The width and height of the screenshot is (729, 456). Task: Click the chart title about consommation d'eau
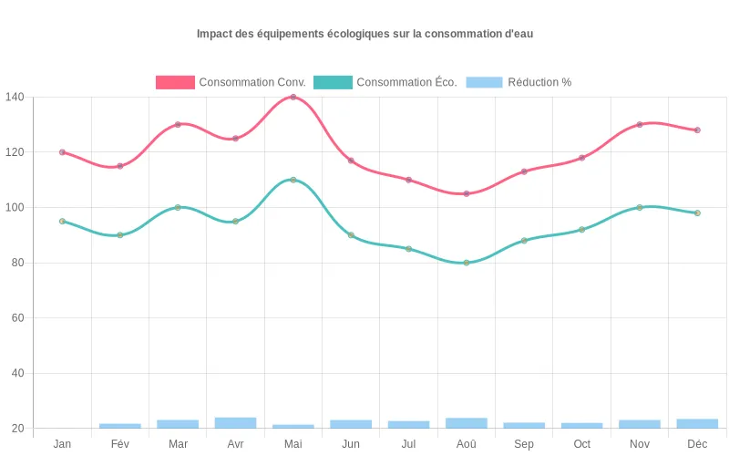pyautogui.click(x=364, y=34)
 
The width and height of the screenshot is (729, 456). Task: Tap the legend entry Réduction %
pyautogui.click(x=519, y=82)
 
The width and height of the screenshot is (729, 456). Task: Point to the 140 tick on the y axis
pyautogui.click(x=15, y=97)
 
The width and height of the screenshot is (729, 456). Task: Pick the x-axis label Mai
pyautogui.click(x=293, y=444)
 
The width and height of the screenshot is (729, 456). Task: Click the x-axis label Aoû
pyautogui.click(x=467, y=444)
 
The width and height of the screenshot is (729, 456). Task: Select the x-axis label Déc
pyautogui.click(x=697, y=444)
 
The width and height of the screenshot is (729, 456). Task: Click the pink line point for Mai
pyautogui.click(x=293, y=97)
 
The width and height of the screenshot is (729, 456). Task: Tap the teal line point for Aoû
pyautogui.click(x=467, y=263)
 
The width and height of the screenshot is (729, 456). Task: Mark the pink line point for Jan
pyautogui.click(x=62, y=152)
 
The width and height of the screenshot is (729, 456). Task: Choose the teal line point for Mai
pyautogui.click(x=293, y=180)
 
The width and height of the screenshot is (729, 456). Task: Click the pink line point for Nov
pyautogui.click(x=640, y=124)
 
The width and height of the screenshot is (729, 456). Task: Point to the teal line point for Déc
pyautogui.click(x=697, y=212)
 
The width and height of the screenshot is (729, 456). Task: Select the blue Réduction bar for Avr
pyautogui.click(x=235, y=423)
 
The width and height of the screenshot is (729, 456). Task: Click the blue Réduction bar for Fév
pyautogui.click(x=120, y=426)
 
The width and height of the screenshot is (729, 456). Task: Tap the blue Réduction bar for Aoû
pyautogui.click(x=467, y=423)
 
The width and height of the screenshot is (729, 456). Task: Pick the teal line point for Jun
pyautogui.click(x=351, y=235)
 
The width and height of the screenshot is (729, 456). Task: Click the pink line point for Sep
pyautogui.click(x=524, y=171)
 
